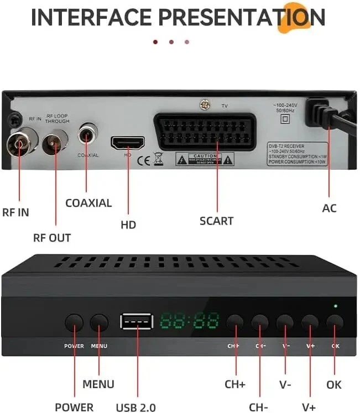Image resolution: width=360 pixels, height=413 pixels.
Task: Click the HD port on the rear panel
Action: click(x=128, y=144)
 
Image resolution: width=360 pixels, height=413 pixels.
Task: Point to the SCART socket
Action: click(x=208, y=132)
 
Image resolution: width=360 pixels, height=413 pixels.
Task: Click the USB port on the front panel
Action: click(x=136, y=322)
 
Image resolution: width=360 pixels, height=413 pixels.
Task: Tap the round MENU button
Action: click(x=100, y=323)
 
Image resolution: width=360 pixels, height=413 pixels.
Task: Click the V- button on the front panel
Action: click(x=285, y=322)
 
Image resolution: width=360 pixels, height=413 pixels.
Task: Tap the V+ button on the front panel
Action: click(x=310, y=322)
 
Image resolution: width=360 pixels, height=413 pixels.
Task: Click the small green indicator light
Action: click(x=335, y=306)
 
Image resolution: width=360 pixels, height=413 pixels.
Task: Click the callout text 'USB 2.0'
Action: click(x=135, y=408)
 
